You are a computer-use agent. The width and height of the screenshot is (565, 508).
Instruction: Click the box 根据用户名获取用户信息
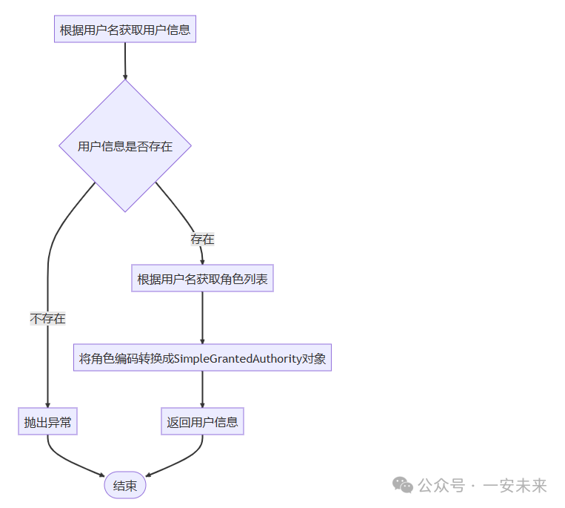click(125, 30)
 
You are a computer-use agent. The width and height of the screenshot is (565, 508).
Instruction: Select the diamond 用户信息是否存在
click(125, 146)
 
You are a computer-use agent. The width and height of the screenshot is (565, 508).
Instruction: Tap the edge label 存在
click(202, 240)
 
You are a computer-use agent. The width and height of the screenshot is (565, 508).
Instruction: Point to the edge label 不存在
click(48, 319)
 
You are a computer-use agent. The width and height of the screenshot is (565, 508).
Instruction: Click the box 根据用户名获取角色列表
click(202, 280)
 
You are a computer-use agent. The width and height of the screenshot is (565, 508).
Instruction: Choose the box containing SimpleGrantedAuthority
click(202, 359)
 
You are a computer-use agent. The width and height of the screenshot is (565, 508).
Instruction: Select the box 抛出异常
click(48, 422)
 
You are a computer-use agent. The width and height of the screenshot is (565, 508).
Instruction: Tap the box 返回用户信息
click(202, 422)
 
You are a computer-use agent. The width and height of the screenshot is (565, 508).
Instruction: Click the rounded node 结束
click(125, 486)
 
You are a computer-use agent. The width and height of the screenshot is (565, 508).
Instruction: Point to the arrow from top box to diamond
click(125, 61)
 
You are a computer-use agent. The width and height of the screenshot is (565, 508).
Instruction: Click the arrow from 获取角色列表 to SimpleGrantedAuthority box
click(202, 317)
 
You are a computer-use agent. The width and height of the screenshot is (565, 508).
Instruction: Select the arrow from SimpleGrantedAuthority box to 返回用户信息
click(202, 389)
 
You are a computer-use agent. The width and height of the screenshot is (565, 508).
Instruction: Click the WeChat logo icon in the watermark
click(404, 485)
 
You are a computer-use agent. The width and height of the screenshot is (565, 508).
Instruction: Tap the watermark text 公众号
click(441, 486)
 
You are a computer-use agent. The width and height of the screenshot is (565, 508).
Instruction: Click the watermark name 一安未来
click(515, 486)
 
